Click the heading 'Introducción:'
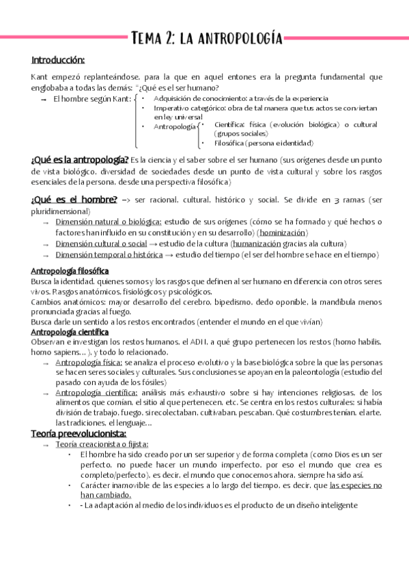point(57,60)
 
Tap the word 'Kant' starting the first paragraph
point(40,77)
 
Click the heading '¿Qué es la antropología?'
point(80,160)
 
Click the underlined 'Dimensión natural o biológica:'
point(109,222)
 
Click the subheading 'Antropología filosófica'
point(70,271)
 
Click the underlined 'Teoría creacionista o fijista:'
point(100,444)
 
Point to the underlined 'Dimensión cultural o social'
point(101,243)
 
